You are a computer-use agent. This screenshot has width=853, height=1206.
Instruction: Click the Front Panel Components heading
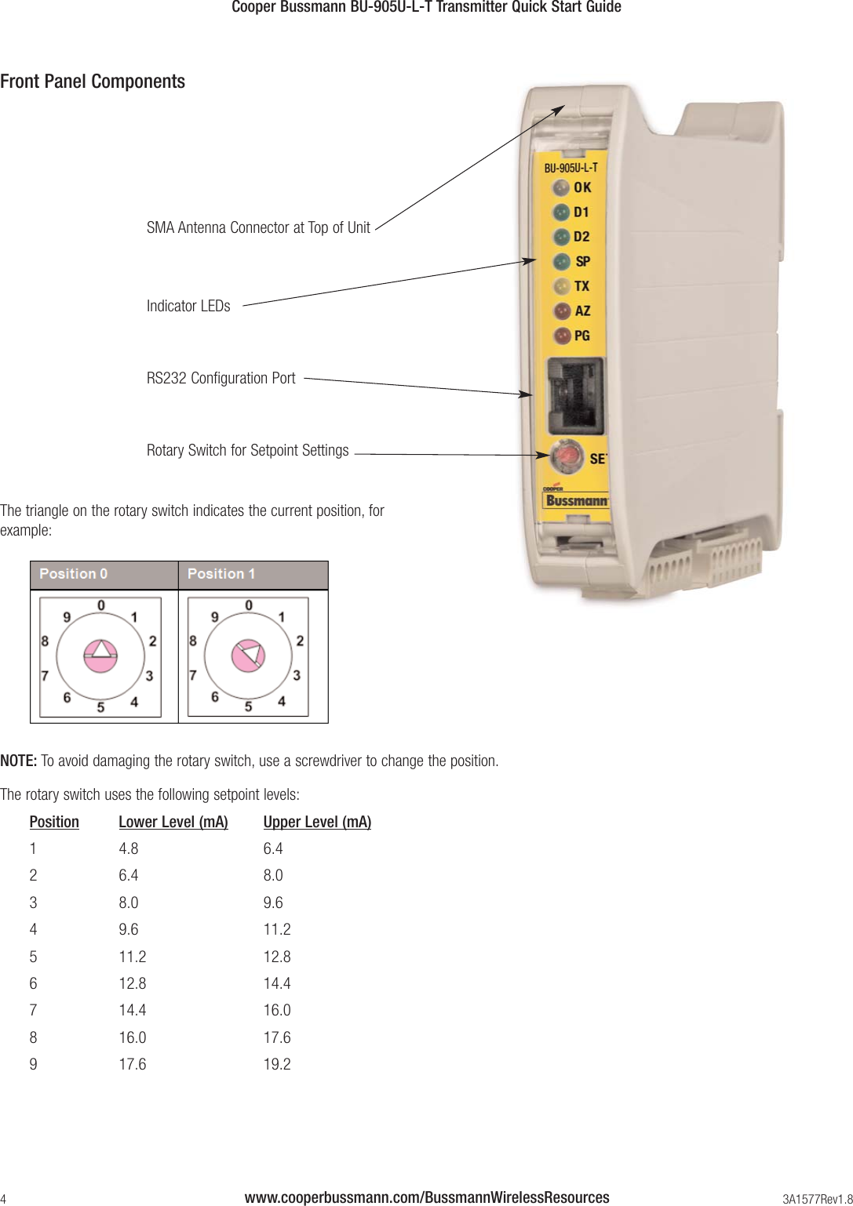(x=93, y=82)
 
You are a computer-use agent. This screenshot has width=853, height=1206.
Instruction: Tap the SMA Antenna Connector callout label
(x=258, y=227)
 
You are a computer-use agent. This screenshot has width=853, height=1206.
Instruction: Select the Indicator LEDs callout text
(x=188, y=306)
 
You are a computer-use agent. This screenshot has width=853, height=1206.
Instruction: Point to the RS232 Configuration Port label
(x=221, y=378)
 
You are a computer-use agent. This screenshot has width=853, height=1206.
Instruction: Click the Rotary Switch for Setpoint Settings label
(x=247, y=450)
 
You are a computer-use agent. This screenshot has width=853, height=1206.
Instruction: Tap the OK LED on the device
(x=560, y=188)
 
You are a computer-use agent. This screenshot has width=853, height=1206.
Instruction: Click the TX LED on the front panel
(x=561, y=286)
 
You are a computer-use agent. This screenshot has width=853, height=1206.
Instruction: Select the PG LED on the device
(x=562, y=336)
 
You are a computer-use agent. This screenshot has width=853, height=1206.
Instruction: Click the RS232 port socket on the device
(x=575, y=396)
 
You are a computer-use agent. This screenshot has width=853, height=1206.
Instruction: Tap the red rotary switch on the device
(x=567, y=456)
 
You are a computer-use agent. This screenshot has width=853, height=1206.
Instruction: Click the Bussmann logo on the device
(x=576, y=500)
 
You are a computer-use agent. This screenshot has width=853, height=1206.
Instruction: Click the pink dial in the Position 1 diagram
(x=248, y=656)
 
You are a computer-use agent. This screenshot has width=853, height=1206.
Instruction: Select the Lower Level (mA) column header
(x=173, y=822)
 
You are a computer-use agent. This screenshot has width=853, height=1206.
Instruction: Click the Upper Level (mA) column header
(x=317, y=822)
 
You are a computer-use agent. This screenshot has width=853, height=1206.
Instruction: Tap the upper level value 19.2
(x=277, y=1064)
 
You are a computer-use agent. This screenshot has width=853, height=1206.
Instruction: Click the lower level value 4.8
(x=129, y=848)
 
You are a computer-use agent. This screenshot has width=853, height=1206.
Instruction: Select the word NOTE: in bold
(x=19, y=761)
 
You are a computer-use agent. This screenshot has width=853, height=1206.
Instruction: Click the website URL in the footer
(x=426, y=1197)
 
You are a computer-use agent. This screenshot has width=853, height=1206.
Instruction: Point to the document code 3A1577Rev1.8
(x=817, y=1199)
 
